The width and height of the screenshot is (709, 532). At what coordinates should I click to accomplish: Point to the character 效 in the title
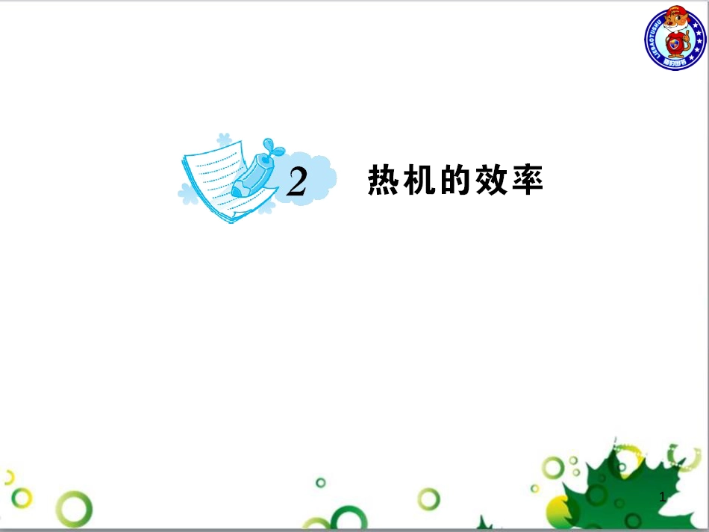(x=491, y=181)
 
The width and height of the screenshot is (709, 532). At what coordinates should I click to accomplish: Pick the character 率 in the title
(x=527, y=181)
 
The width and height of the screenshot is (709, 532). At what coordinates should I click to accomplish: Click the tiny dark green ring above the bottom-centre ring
(x=320, y=482)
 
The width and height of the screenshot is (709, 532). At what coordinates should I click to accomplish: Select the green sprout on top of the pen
(x=272, y=146)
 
